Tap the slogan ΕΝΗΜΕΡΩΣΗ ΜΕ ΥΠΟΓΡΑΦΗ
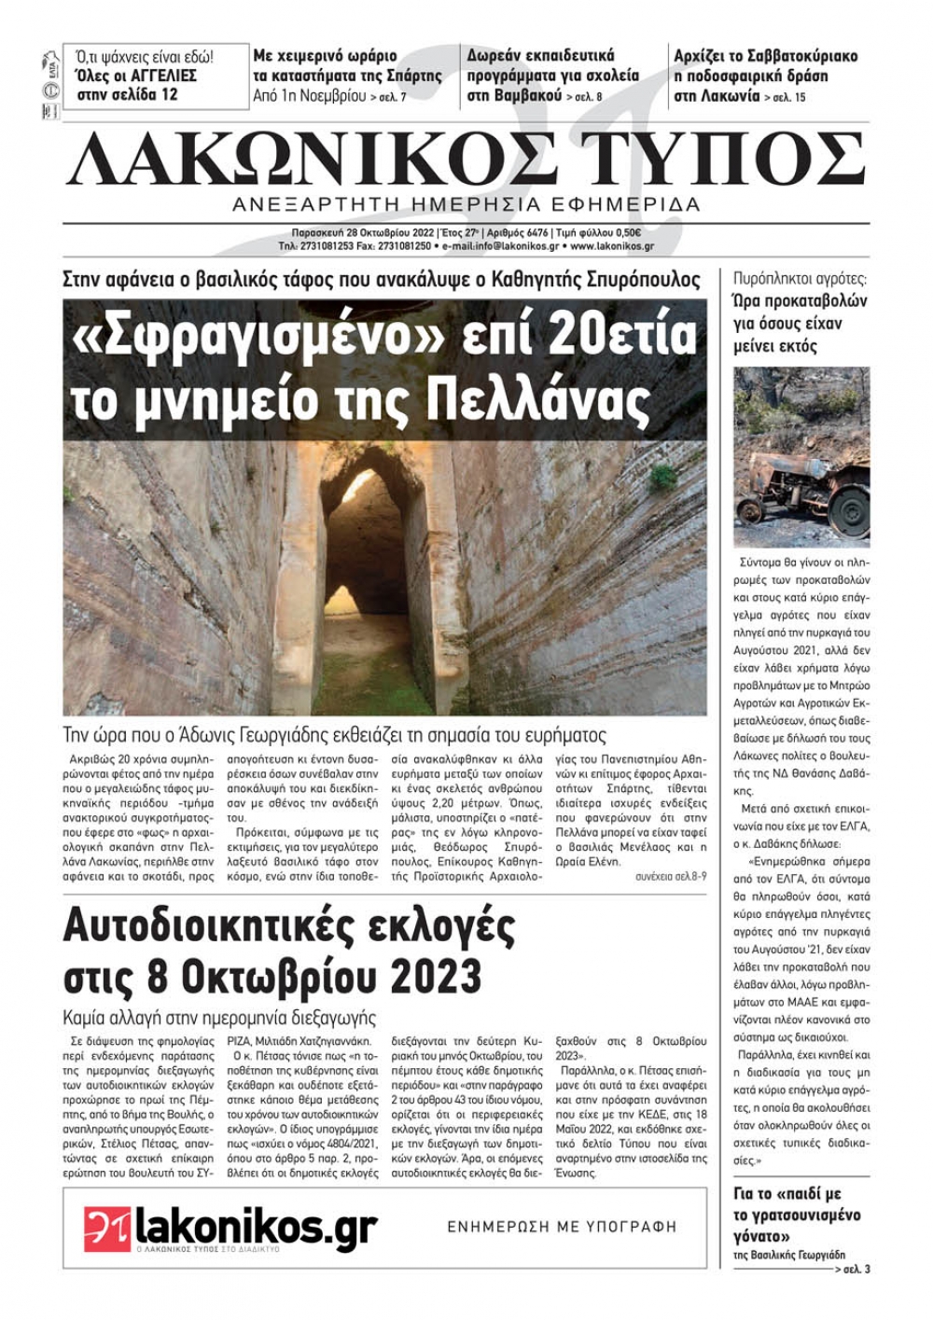point(562,1227)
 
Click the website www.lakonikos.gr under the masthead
point(611,246)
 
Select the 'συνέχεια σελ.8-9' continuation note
point(671,878)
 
